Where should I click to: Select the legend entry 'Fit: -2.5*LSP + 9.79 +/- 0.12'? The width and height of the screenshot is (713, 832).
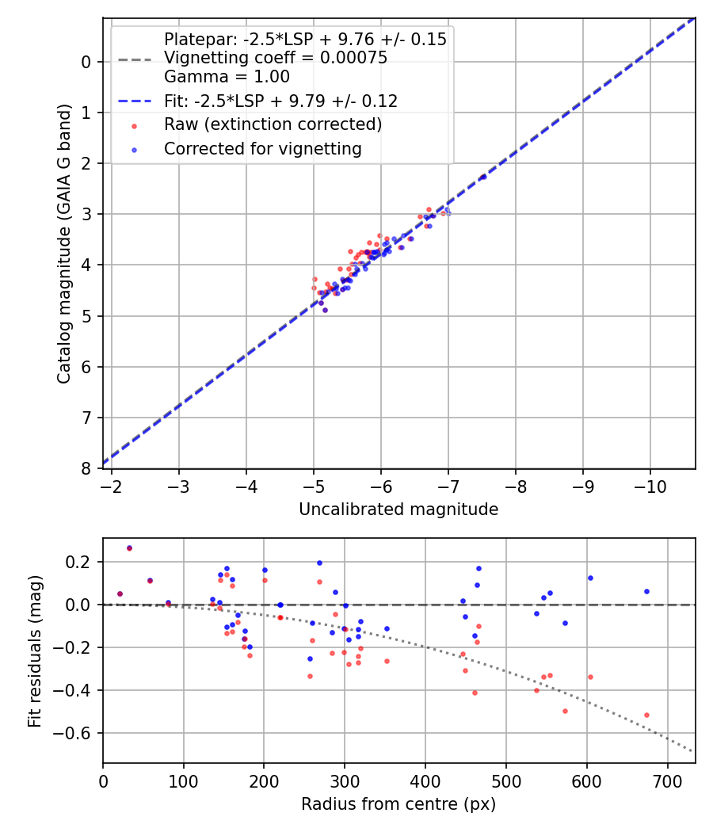pos(280,101)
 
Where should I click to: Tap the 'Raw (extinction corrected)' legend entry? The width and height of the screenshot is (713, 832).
pos(273,124)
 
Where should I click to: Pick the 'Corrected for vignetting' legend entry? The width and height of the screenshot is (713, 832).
pos(262,148)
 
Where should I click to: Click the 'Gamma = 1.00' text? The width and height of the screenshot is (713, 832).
pos(227,77)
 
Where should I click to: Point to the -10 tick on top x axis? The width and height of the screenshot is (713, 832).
pos(650,484)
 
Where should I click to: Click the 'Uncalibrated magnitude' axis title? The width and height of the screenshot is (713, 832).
pos(398,510)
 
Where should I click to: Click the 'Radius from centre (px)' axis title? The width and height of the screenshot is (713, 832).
pos(398,804)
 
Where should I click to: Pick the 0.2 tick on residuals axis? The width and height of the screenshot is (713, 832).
pos(82,562)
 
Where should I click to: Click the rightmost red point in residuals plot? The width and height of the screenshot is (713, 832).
pos(646,715)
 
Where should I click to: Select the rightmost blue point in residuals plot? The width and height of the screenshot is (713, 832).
pos(646,591)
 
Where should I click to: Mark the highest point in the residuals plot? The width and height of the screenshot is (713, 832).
pos(129,548)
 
